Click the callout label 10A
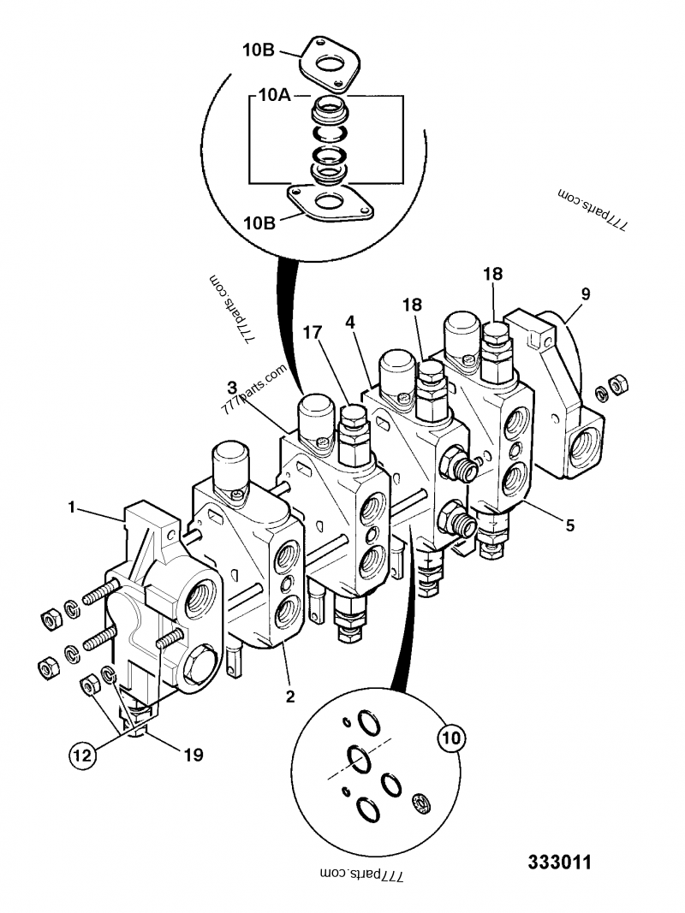(x=274, y=98)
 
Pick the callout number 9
(x=585, y=293)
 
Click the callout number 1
(x=74, y=507)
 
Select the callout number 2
(x=290, y=697)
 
